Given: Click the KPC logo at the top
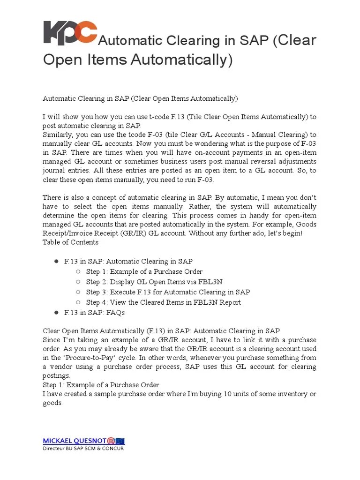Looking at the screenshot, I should click(x=70, y=33).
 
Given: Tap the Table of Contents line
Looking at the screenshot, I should click(x=70, y=242).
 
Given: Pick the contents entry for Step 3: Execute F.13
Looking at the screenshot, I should click(x=168, y=292).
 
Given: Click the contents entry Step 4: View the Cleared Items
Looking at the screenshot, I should click(x=164, y=302).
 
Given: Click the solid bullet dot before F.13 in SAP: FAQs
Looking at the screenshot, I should click(x=55, y=312).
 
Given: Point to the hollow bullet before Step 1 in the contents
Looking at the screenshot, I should click(x=78, y=272).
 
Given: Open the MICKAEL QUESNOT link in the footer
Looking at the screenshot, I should click(x=75, y=441).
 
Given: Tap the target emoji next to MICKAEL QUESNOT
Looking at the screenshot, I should click(x=111, y=441).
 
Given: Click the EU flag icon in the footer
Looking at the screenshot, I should click(x=120, y=441).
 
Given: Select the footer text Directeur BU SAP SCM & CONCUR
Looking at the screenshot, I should click(x=83, y=449).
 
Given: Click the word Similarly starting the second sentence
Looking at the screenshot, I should click(x=58, y=135).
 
